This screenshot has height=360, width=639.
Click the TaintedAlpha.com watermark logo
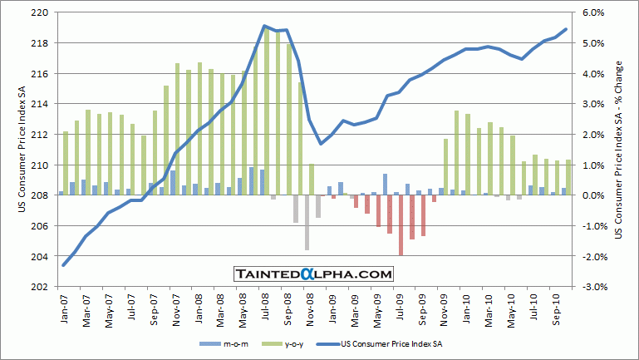(x=314, y=273)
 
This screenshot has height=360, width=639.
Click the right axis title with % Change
(x=619, y=150)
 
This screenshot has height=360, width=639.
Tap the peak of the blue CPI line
(x=264, y=27)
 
